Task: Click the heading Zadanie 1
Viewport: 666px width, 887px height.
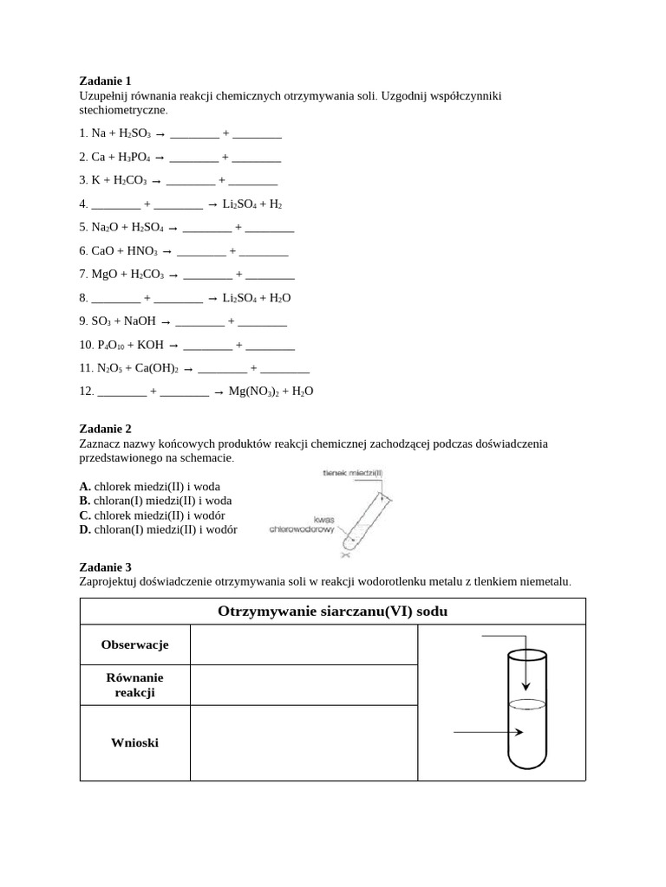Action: [105, 81]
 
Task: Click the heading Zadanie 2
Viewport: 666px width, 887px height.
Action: [105, 429]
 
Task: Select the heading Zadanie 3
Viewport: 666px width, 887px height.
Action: [105, 567]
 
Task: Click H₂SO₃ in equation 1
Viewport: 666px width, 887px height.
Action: [135, 134]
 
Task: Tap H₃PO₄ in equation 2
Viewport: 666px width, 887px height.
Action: [134, 158]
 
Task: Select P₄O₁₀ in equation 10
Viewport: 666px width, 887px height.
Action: [109, 345]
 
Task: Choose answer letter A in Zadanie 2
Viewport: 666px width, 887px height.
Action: [84, 487]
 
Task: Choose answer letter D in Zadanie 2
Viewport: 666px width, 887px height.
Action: [84, 529]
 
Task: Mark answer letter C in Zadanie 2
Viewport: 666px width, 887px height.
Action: [84, 515]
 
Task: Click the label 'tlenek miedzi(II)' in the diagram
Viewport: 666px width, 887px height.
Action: [352, 473]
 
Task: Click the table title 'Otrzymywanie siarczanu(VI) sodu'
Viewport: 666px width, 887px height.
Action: [332, 612]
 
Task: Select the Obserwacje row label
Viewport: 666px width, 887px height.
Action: [134, 645]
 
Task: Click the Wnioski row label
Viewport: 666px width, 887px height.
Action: [134, 743]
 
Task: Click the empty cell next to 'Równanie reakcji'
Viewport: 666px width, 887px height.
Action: [304, 685]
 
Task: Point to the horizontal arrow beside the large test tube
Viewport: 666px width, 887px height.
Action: [488, 733]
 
